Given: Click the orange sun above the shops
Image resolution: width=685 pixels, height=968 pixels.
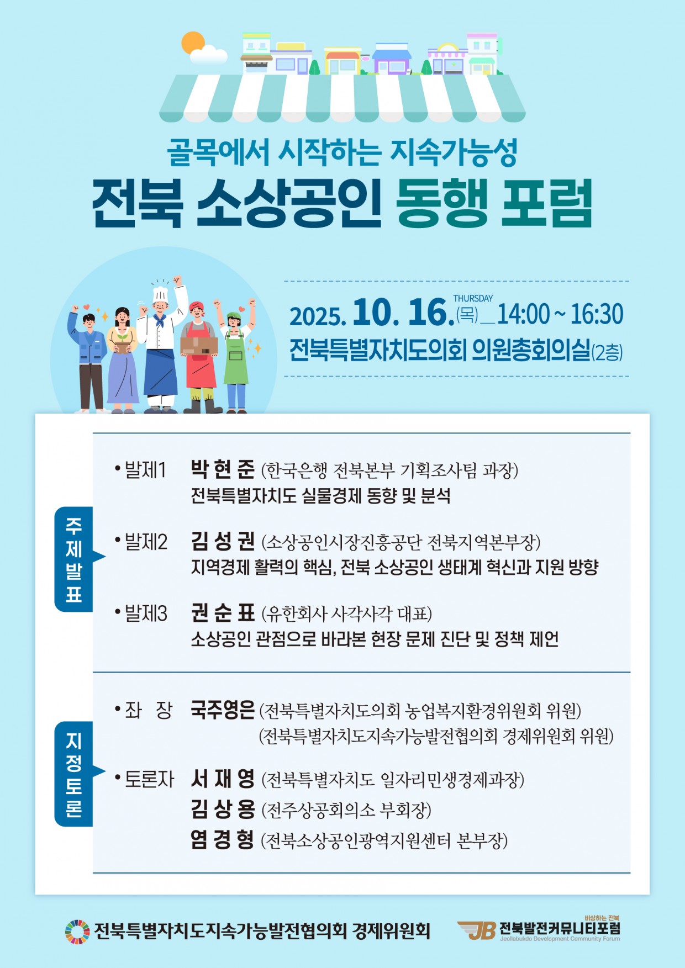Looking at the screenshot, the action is pos(193,43).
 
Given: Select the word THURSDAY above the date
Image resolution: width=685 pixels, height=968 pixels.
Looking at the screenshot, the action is pos(473,298).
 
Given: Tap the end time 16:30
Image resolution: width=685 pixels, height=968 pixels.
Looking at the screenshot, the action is pos(597,314).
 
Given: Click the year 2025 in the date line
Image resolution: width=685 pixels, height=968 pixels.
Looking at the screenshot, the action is pos(318,316).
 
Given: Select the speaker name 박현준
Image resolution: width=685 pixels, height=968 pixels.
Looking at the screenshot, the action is pos(223,469).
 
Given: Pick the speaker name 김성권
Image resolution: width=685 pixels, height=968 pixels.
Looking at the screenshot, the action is pos(223,541).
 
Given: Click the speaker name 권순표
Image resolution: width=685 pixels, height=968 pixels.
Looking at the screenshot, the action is pos(223,613).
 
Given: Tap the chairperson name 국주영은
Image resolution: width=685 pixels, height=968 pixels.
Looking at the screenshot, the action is pos(223,710).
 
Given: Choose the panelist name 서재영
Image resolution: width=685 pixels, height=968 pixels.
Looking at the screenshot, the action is pos(223,779).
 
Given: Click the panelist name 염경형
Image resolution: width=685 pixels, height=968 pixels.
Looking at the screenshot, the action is pos(223,840).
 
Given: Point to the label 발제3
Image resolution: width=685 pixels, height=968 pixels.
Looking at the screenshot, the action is pos(146,613).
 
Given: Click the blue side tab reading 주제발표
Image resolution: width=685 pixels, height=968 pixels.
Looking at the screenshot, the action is pos(74,559).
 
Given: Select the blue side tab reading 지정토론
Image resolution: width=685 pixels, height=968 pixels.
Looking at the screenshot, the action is pos(74,774).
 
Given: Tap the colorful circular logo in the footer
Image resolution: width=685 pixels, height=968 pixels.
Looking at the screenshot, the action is pos(77,932).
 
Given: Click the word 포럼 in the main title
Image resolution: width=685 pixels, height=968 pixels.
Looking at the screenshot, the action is pos(546,203).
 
